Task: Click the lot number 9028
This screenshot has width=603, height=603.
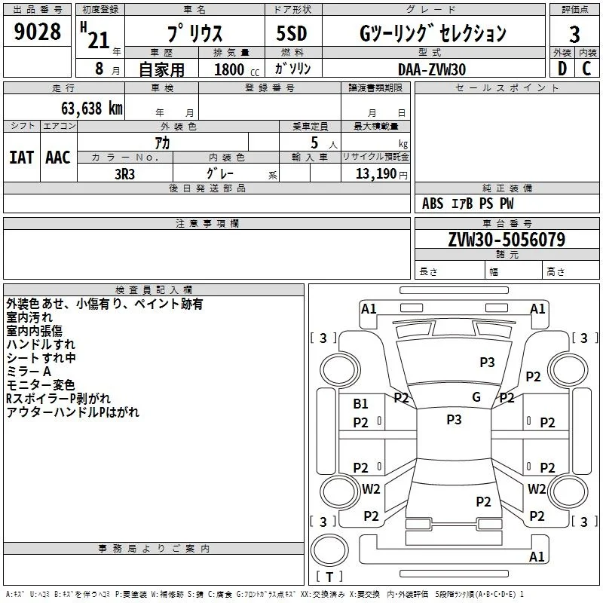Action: pos(37,32)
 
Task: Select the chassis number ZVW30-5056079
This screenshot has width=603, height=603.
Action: pos(507,240)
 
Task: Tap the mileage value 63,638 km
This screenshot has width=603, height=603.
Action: pos(92,109)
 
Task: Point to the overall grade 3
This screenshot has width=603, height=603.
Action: pos(574,35)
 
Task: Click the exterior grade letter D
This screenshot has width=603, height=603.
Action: pos(562,69)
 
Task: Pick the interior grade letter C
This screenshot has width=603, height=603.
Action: pos(586,69)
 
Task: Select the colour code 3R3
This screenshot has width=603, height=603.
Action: pos(124,174)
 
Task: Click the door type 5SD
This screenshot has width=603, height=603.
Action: pos(292,33)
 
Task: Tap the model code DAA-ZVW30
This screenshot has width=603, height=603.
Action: pos(432,69)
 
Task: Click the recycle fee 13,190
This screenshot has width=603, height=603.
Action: pos(376,174)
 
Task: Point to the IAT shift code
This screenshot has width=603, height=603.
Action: pos(22,158)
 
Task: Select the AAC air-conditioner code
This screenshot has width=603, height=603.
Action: pos(58,158)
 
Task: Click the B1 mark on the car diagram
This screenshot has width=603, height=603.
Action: pos(360,404)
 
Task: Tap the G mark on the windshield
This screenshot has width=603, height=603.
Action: pos(476,397)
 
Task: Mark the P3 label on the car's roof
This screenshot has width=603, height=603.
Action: pos(454,420)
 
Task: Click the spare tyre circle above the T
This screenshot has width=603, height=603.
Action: pos(329,549)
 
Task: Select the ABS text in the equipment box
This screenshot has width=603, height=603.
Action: pos(433,204)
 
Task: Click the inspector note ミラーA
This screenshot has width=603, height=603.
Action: pos(29,372)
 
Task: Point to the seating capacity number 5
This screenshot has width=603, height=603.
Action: pos(314,143)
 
